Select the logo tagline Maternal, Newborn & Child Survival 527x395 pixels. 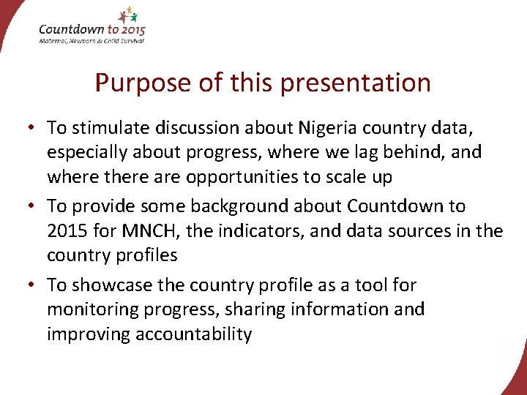click(x=91, y=40)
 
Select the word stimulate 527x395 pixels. click(x=106, y=128)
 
